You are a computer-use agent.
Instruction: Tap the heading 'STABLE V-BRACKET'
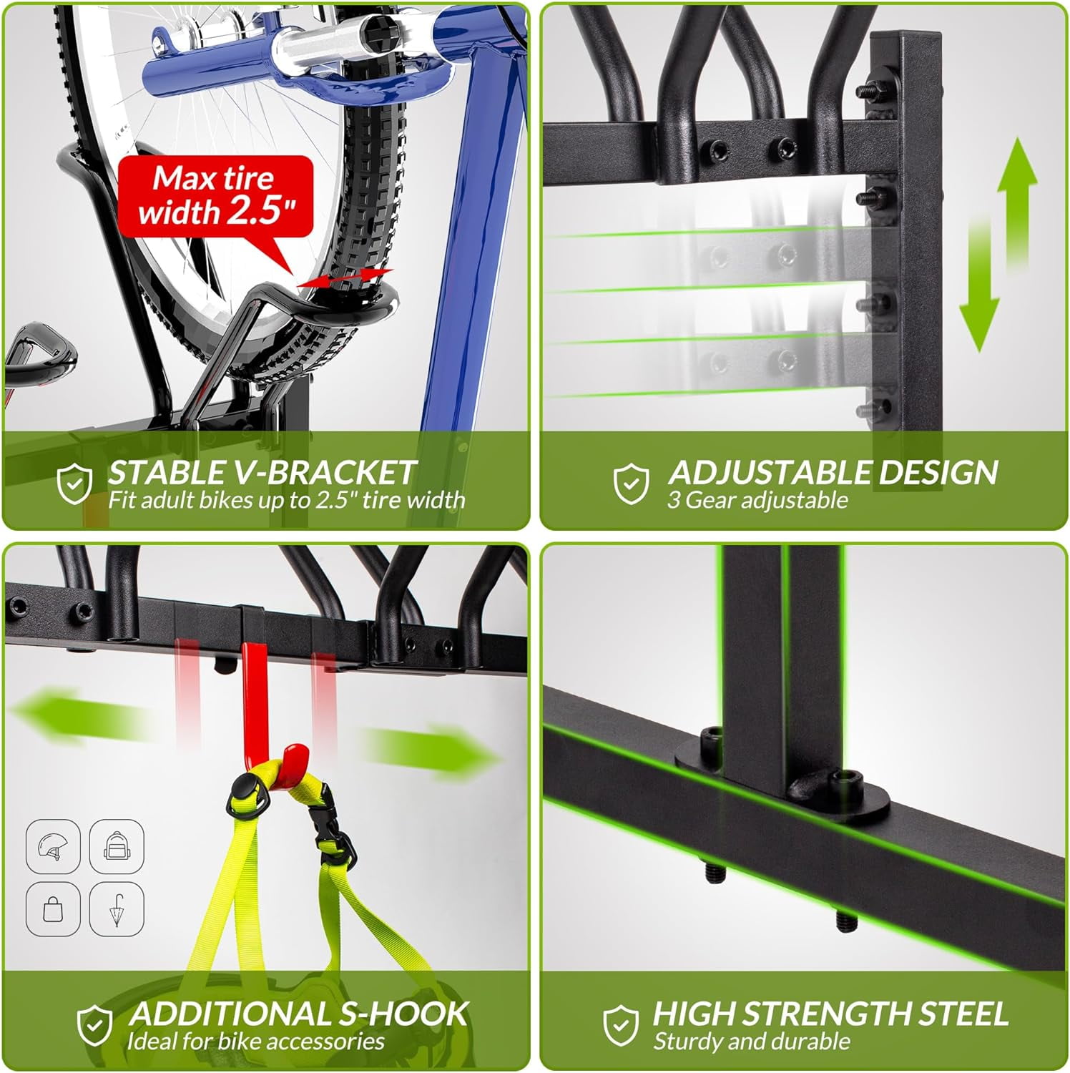tap(261, 472)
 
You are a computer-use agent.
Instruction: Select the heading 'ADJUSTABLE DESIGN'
tap(833, 472)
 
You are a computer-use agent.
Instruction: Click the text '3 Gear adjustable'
tap(757, 499)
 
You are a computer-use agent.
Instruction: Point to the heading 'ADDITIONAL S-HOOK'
tap(299, 1014)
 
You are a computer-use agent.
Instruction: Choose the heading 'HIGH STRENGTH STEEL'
tap(830, 1014)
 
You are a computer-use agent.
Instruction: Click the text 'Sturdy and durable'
tap(752, 1041)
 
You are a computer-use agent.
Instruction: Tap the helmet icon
tap(53, 846)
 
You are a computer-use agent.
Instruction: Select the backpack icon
tap(117, 846)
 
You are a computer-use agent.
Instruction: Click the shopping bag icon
tap(53, 908)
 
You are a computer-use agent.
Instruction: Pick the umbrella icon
tap(117, 908)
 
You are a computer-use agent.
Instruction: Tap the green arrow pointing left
tap(79, 715)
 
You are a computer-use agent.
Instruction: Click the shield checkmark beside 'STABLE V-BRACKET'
tap(75, 483)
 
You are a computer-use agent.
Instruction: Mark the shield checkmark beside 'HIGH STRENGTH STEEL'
tap(620, 1024)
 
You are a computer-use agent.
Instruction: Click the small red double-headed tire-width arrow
tap(345, 278)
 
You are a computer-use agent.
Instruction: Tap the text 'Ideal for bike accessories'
tap(255, 1041)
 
